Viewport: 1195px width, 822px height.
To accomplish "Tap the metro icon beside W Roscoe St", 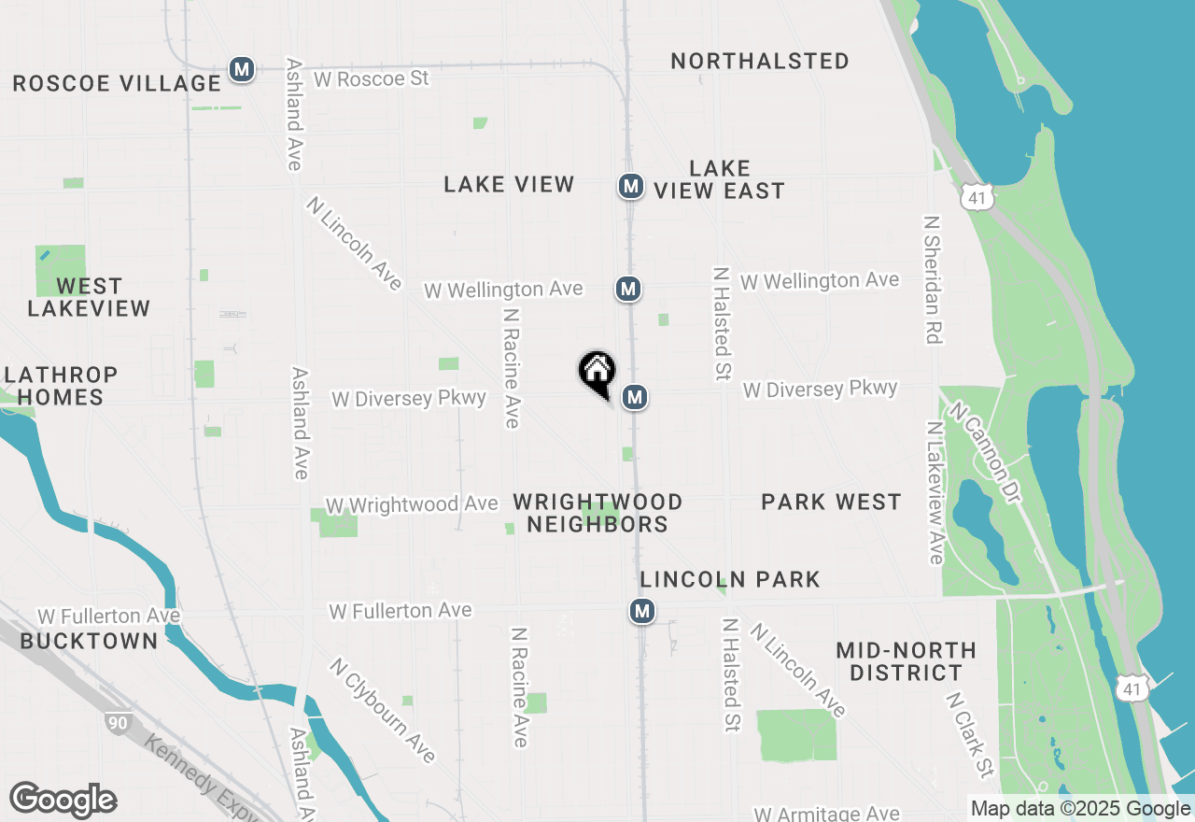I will click(242, 69).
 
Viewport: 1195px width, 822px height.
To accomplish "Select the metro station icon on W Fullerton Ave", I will click(641, 612).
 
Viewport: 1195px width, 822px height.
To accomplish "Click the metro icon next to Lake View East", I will click(631, 187).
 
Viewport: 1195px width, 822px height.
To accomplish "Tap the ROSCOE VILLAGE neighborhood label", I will click(117, 83).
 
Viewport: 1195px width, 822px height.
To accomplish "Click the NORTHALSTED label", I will click(760, 62).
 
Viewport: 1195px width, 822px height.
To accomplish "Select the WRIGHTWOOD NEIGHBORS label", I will click(597, 513).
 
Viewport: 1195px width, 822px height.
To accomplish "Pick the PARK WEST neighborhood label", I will click(831, 503).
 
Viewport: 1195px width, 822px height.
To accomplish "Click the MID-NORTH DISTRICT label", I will click(906, 661).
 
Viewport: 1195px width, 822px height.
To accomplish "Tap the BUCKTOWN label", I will click(90, 641).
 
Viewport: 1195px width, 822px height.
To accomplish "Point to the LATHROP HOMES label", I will click(61, 386).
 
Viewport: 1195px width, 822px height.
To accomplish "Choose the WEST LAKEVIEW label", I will click(89, 297).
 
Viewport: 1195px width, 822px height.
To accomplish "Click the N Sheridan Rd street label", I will click(931, 279).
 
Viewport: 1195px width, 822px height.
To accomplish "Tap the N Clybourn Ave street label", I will click(382, 710).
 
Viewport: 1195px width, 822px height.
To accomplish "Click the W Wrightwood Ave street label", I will click(412, 505).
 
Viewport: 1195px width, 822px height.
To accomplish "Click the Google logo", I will click(63, 801).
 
